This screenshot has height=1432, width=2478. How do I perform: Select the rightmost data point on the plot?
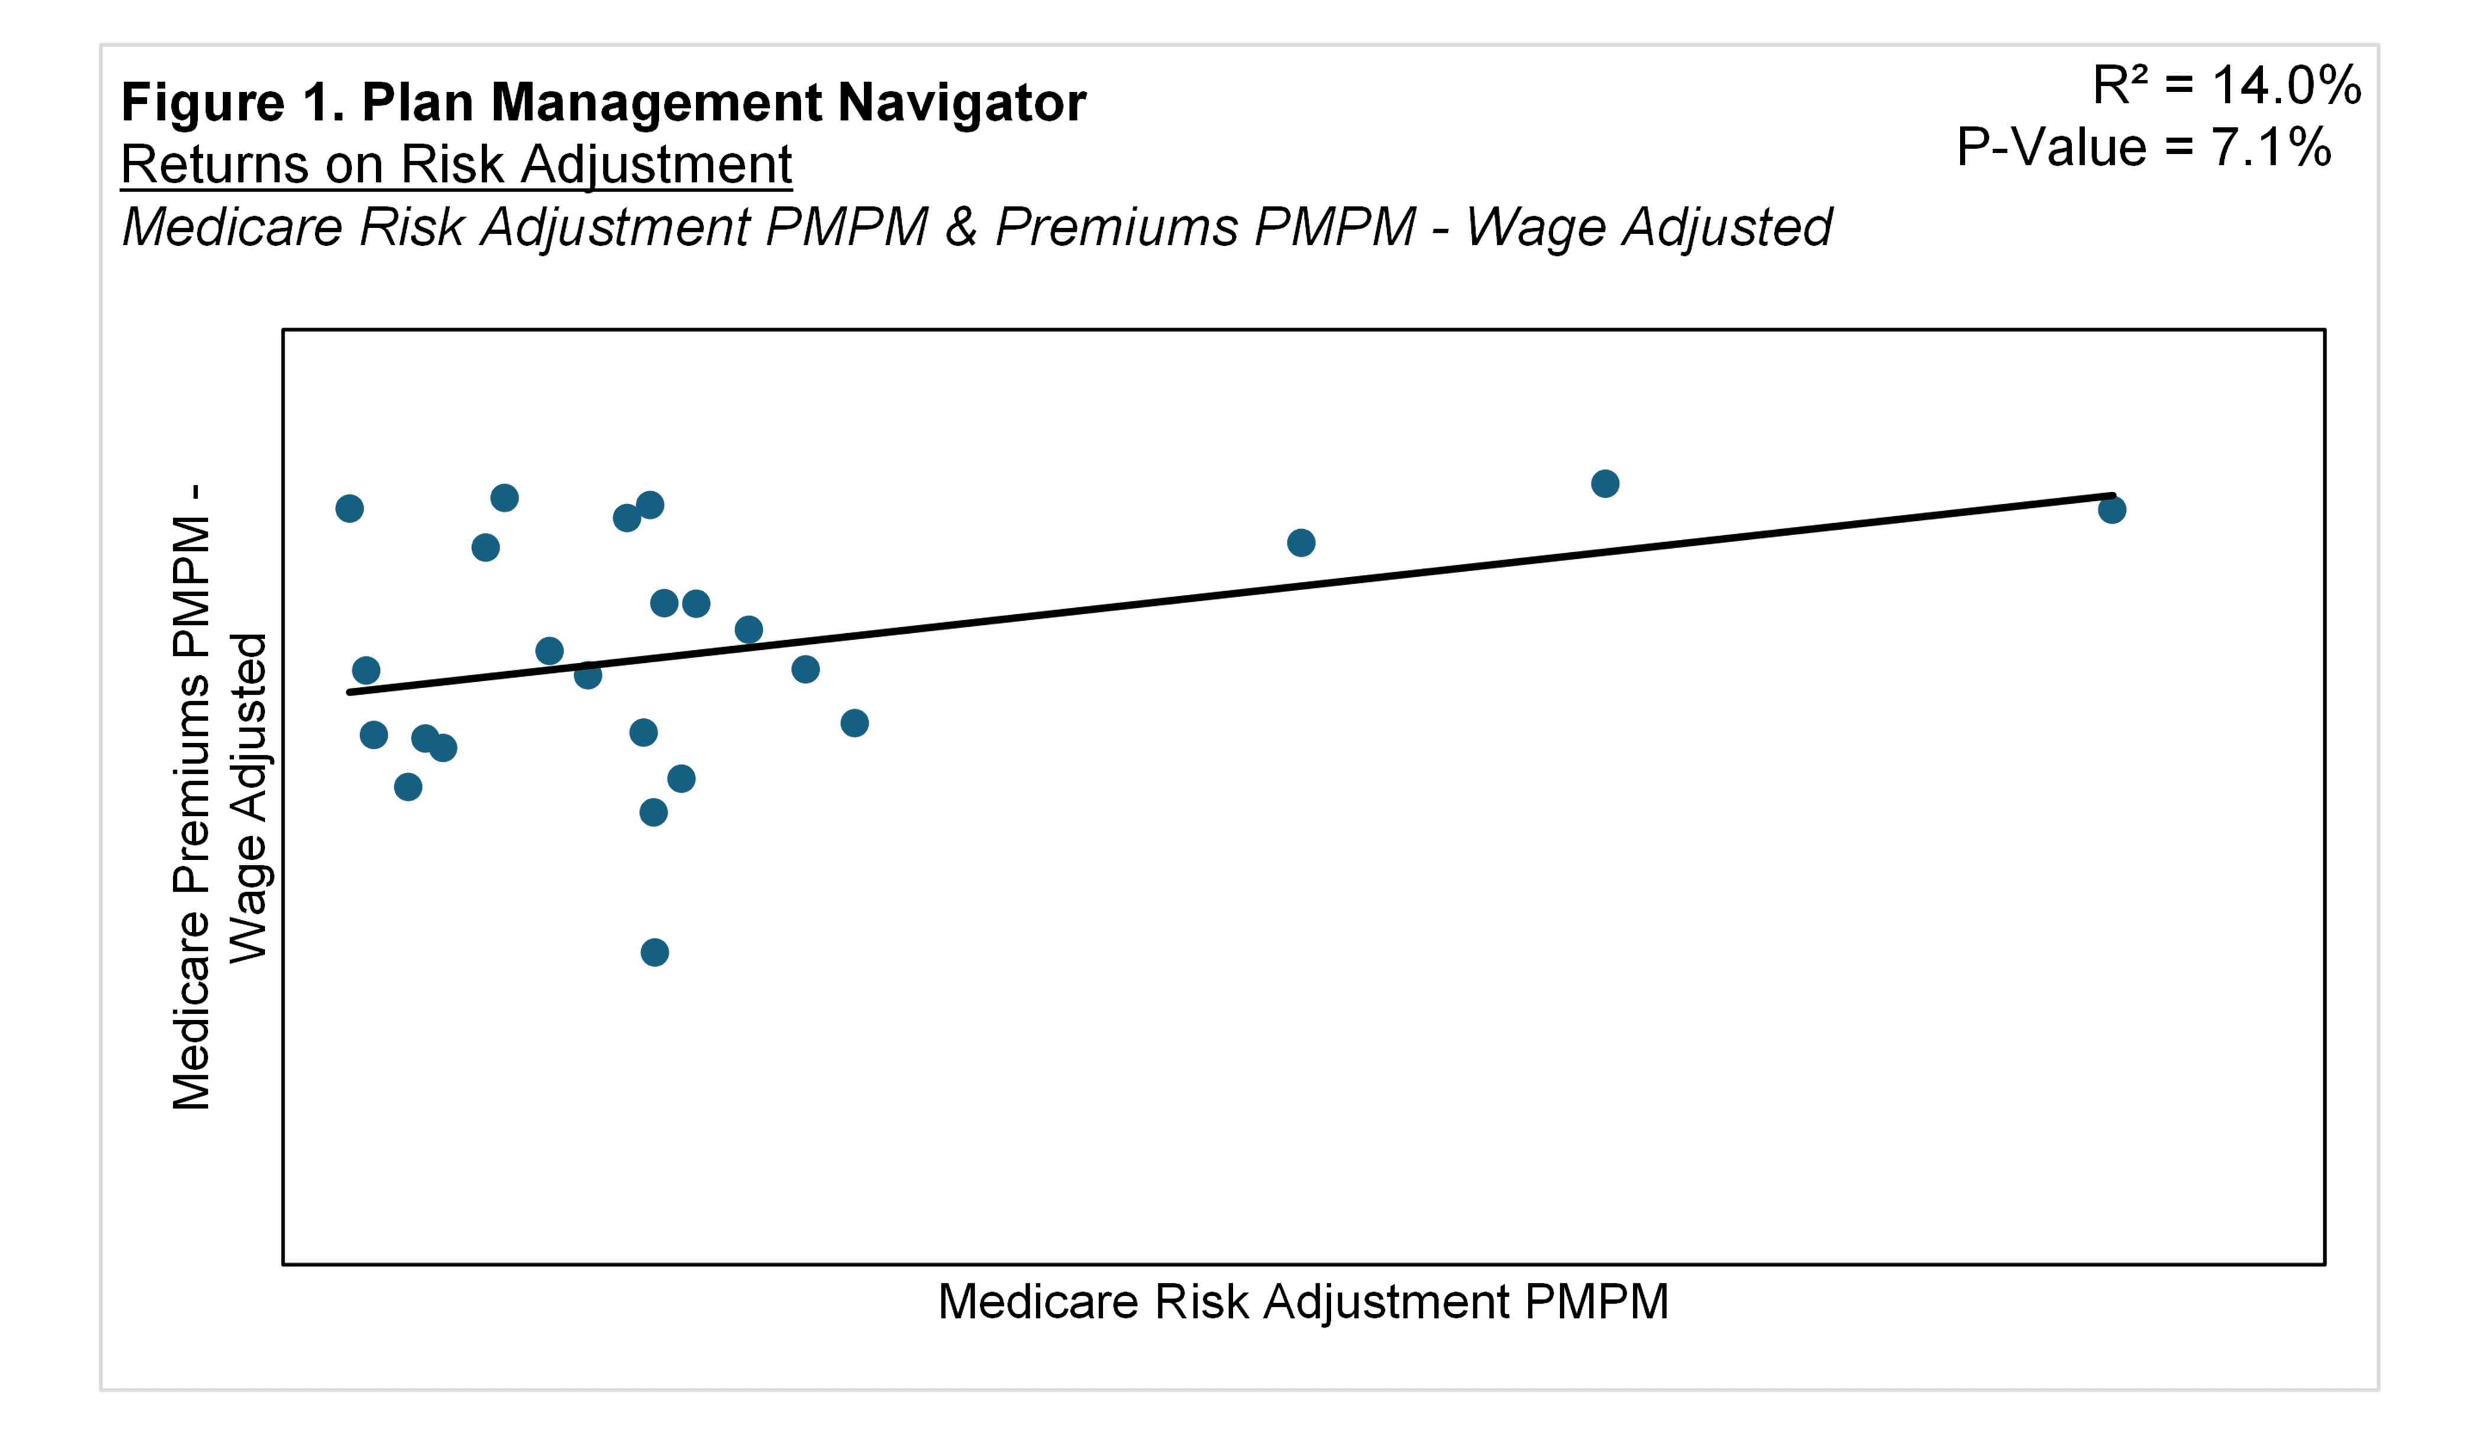tap(2111, 509)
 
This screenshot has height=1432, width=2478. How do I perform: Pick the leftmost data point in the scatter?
tap(349, 508)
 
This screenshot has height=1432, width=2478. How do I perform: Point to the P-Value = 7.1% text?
tap(2144, 147)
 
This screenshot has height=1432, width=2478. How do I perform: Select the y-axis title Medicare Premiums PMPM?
tap(192, 796)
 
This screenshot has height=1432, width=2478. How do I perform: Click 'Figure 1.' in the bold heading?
tap(232, 102)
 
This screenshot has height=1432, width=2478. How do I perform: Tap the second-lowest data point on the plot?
tap(653, 812)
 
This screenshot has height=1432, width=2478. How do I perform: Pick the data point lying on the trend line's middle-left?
tap(587, 675)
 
